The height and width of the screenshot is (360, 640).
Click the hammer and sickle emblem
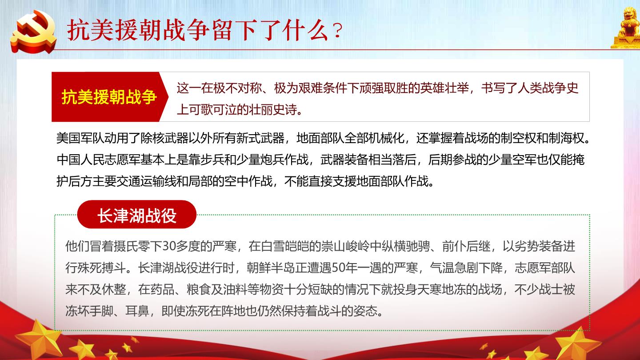point(33,32)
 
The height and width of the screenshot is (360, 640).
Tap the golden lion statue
point(626,27)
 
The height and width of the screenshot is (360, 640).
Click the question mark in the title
point(337,31)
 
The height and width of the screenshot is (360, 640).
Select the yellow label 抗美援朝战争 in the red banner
point(109,97)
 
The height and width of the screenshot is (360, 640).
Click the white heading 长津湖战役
point(137,215)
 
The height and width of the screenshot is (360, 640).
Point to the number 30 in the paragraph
point(169,246)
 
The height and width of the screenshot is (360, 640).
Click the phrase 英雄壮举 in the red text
point(444,88)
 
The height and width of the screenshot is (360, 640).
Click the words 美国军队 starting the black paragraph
point(80,138)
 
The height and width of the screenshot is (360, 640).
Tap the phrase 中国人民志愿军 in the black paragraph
point(98,160)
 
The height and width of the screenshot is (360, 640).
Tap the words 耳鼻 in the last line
point(137,311)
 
